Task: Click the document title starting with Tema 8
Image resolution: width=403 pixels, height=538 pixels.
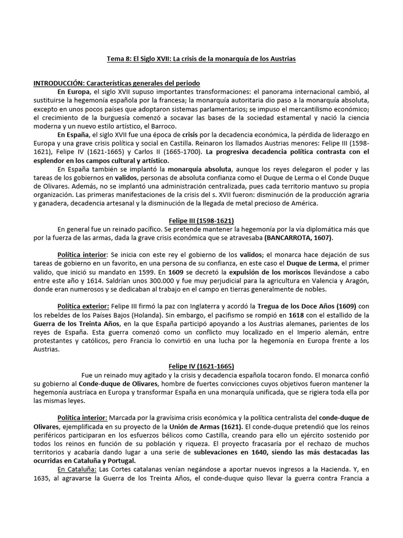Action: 201,59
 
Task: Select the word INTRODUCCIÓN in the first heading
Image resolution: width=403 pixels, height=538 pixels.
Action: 58,84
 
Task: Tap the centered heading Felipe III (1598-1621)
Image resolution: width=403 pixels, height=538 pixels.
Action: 201,221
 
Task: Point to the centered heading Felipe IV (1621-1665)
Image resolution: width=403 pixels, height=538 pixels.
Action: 201,366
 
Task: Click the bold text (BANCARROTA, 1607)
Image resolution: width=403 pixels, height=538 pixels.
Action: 299,238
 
